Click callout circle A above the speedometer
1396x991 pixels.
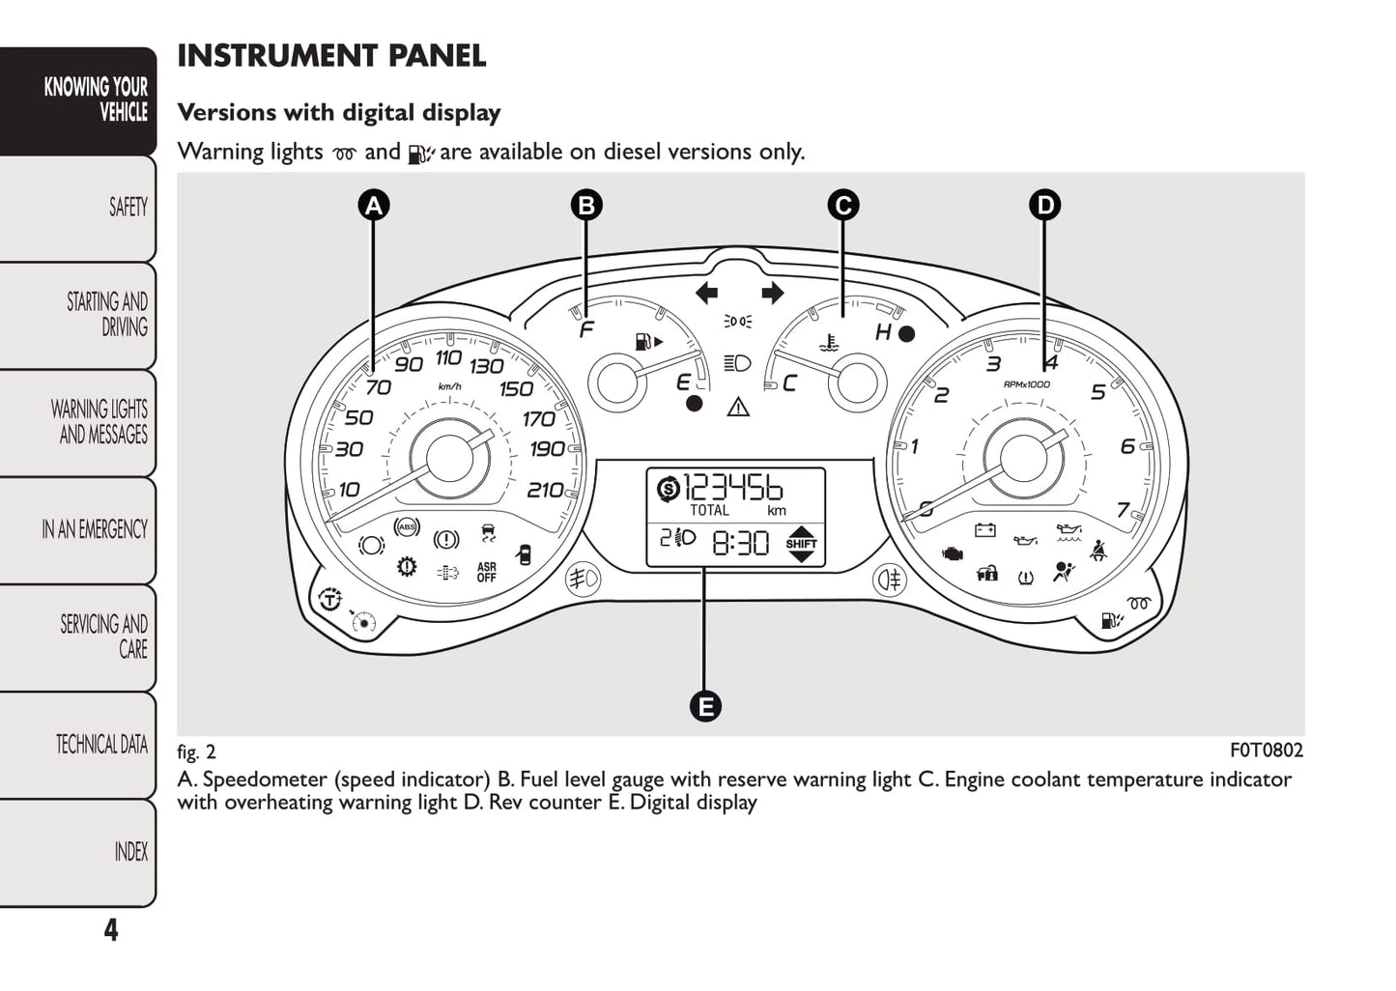tap(373, 205)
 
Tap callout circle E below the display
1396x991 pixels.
tap(705, 706)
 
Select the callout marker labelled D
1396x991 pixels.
tap(1044, 205)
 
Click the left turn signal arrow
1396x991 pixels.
tap(706, 293)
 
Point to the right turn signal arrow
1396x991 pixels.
tap(772, 293)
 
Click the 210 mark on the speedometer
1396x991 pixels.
tap(545, 491)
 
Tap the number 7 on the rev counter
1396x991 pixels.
tap(1123, 510)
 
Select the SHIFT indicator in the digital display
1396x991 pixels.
tap(801, 544)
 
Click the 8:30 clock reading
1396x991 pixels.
tap(741, 544)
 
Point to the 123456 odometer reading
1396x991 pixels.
tap(733, 487)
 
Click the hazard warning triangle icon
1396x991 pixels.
tap(738, 407)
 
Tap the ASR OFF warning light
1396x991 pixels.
tap(486, 573)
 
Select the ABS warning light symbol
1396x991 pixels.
tap(407, 527)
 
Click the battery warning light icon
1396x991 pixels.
tap(985, 530)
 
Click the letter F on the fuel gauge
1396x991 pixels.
tap(585, 330)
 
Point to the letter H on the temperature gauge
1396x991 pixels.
tap(883, 333)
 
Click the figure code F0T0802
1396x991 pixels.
tap(1266, 750)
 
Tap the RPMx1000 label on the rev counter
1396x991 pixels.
tap(1026, 384)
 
